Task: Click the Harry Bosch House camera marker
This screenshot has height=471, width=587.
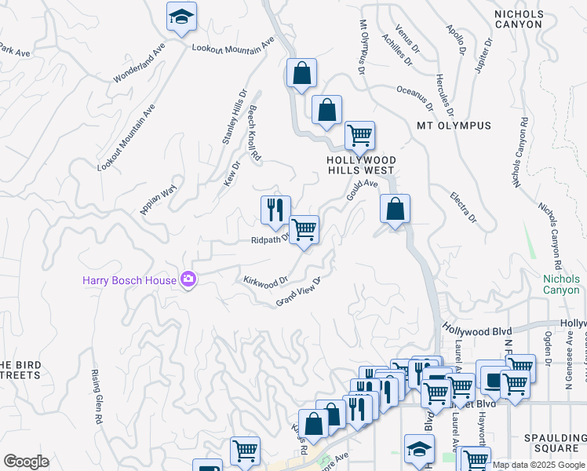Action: pyautogui.click(x=188, y=279)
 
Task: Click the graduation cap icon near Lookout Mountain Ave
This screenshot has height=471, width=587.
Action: pyautogui.click(x=182, y=16)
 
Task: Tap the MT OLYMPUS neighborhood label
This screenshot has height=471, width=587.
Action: pyautogui.click(x=454, y=126)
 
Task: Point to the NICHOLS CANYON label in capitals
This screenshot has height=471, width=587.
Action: pyautogui.click(x=529, y=19)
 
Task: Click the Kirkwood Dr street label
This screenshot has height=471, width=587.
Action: pyautogui.click(x=266, y=279)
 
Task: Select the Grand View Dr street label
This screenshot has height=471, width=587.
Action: pyautogui.click(x=299, y=292)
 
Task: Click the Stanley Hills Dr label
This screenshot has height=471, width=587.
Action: pyautogui.click(x=234, y=115)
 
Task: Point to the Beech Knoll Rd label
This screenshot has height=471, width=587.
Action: pyautogui.click(x=253, y=134)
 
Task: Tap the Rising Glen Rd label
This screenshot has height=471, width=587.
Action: pyautogui.click(x=98, y=396)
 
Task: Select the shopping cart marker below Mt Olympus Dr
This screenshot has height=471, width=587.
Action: pyautogui.click(x=359, y=136)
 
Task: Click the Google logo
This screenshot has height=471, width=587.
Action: pyautogui.click(x=26, y=462)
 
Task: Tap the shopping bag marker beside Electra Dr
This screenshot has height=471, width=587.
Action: pyautogui.click(x=396, y=210)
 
